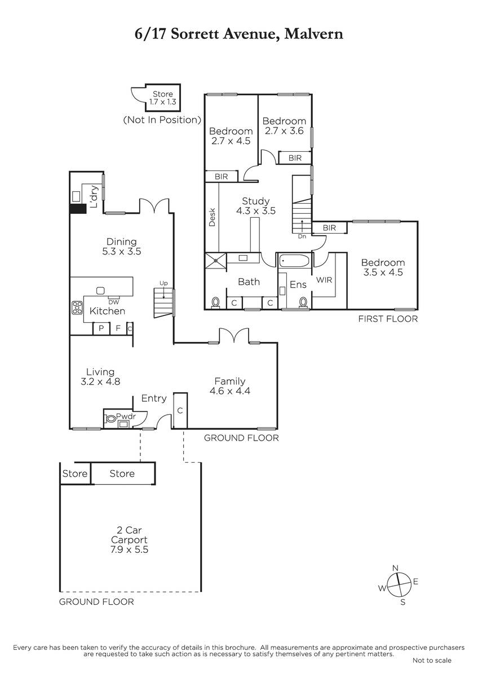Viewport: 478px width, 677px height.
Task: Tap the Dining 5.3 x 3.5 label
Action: [122, 247]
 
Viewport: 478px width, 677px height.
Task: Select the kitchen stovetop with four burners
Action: [77, 307]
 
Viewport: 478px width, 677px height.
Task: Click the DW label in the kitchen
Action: [114, 302]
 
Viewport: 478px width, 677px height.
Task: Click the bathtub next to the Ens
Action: [294, 261]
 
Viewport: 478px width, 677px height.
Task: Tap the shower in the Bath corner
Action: [215, 261]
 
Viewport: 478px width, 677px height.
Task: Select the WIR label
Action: [324, 280]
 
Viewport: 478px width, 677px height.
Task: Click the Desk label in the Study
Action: [213, 217]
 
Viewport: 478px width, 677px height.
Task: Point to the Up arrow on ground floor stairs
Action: [163, 293]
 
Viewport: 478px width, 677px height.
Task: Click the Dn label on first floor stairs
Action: [302, 236]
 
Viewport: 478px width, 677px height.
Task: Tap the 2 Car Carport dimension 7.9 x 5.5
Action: [129, 549]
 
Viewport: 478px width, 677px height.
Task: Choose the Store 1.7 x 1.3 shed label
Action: [163, 98]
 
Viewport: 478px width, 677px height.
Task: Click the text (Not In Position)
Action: [162, 120]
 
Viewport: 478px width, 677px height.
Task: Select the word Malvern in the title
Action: [314, 34]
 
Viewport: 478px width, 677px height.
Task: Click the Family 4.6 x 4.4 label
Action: [230, 386]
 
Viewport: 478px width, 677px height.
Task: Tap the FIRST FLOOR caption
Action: [388, 319]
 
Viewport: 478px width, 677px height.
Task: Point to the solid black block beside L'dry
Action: [78, 209]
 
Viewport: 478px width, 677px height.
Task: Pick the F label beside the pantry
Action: [118, 328]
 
